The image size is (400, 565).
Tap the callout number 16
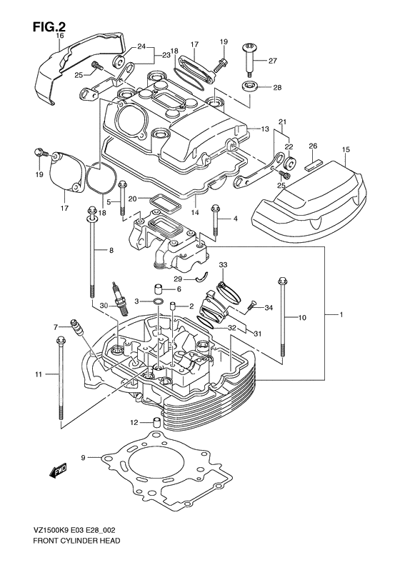point(59,35)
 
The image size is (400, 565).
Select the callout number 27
point(272,61)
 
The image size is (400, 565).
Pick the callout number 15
point(345,149)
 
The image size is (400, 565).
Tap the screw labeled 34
point(251,306)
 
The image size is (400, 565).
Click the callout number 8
point(111,250)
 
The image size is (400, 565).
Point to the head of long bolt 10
point(284,279)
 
